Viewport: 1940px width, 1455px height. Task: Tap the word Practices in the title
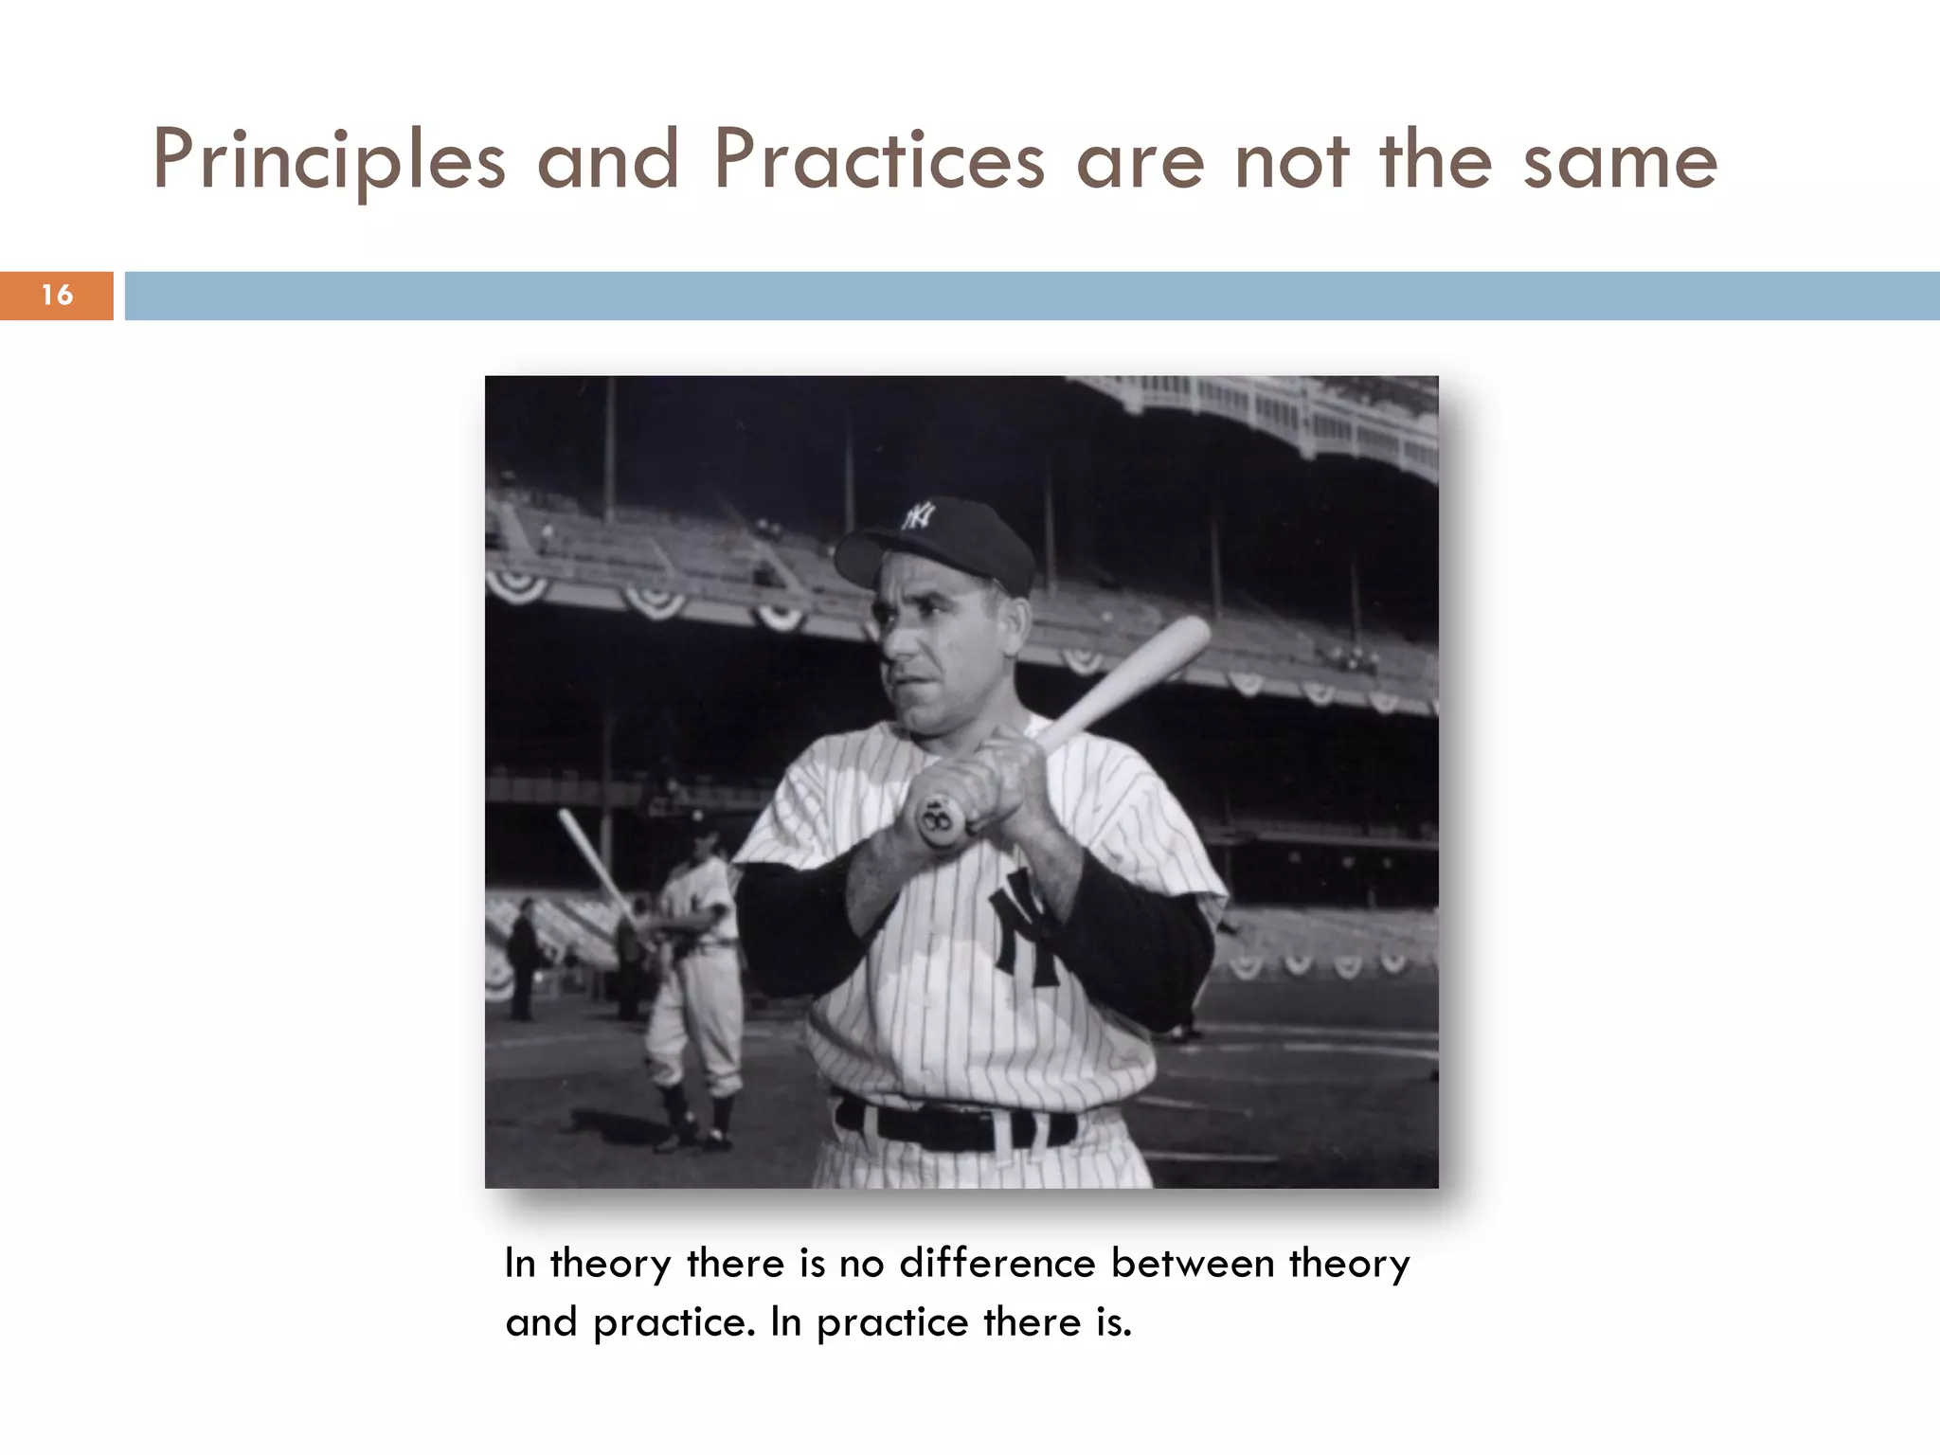[x=879, y=161]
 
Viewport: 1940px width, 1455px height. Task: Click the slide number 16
[x=57, y=296]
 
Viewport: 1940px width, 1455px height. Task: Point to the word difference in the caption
[x=997, y=1264]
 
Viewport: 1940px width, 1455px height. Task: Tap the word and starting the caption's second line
[x=541, y=1322]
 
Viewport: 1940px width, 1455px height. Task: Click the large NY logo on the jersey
[x=1028, y=928]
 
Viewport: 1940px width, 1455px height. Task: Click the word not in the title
[x=1291, y=161]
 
